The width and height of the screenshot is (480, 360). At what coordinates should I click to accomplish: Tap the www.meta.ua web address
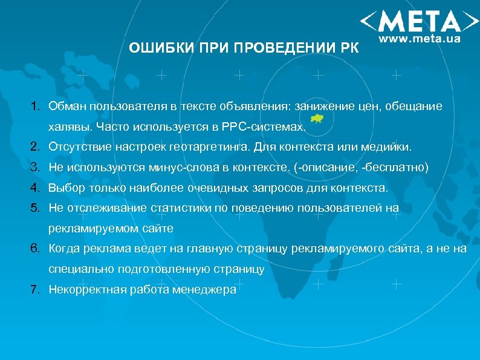click(421, 39)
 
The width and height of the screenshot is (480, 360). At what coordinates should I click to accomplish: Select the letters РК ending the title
click(348, 48)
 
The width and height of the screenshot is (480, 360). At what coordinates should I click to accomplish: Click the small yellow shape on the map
click(317, 119)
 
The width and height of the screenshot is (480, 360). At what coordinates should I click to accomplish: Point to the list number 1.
click(35, 106)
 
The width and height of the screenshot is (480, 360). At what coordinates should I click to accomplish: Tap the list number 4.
click(35, 188)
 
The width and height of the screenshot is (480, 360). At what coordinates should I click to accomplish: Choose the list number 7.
click(35, 289)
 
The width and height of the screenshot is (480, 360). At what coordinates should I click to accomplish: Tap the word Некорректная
click(88, 289)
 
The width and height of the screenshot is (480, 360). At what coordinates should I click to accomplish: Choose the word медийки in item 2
click(391, 147)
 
